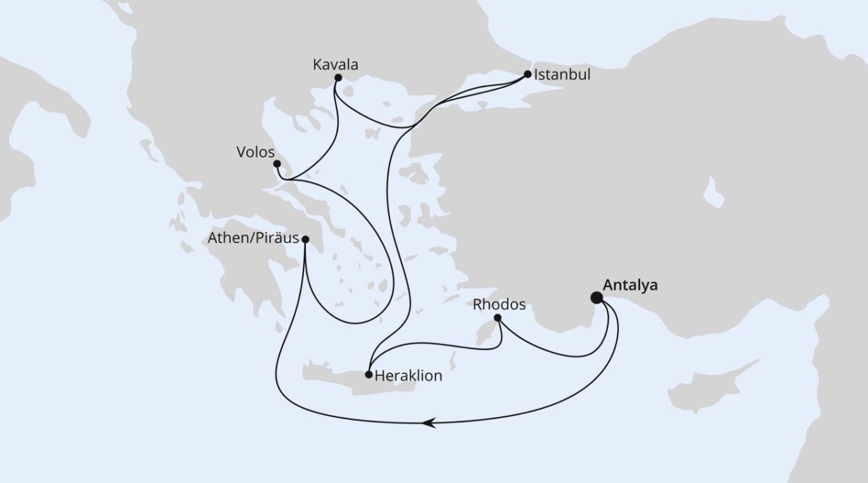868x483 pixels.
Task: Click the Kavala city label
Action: tap(336, 65)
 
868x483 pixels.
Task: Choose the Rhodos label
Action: tap(499, 304)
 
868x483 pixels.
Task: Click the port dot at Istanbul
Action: tap(528, 74)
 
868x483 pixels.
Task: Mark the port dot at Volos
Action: tap(277, 164)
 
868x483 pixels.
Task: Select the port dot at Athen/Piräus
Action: tap(305, 239)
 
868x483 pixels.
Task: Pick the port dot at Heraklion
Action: tap(369, 375)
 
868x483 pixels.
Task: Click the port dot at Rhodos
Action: tap(498, 317)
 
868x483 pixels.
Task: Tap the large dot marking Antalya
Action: tap(597, 297)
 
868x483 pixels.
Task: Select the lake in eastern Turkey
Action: tap(713, 194)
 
